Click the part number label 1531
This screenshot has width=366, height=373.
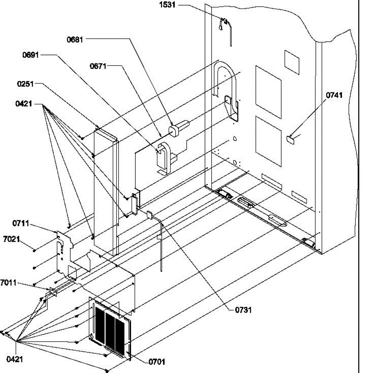pos(167,5)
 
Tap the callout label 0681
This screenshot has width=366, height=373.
pos(75,40)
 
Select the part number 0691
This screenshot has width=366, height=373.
pos(30,55)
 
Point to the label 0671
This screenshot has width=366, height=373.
pos(98,67)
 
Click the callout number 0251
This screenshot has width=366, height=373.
pos(26,84)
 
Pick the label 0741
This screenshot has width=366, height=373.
pos(334,95)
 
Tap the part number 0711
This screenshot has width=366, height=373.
pos(21,223)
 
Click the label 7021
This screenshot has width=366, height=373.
pos(12,239)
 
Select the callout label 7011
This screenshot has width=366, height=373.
pos(8,283)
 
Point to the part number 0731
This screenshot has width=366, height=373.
pos(243,310)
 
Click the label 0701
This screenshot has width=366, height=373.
pos(157,362)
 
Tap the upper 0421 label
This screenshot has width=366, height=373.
pos(24,104)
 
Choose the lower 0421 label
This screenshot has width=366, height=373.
pos(15,359)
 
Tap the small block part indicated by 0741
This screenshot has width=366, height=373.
pos(290,140)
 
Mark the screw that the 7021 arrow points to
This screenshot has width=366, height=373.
pos(34,251)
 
